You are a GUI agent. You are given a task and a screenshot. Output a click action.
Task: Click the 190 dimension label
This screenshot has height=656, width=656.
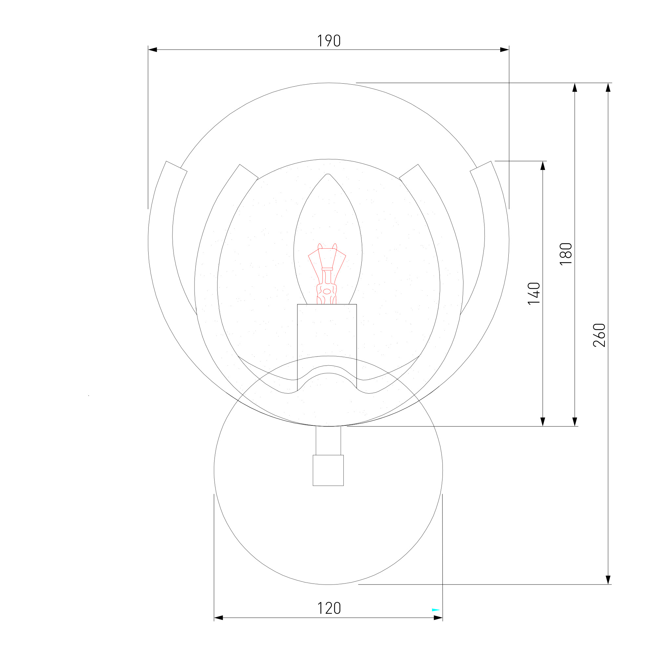coord(329,41)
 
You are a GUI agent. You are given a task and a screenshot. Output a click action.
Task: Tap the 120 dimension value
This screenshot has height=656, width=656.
coord(329,608)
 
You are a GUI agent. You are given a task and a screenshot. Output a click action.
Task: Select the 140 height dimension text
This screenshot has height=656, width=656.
coord(534,294)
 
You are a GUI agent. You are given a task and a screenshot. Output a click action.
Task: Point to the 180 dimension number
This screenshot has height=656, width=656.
coord(566,254)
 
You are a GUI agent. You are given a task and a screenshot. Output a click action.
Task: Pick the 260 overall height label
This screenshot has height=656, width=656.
coord(599,335)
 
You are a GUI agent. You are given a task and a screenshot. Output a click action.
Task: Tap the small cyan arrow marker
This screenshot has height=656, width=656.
coord(436,610)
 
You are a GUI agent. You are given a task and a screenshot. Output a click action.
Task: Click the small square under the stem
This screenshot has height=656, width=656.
coord(328,470)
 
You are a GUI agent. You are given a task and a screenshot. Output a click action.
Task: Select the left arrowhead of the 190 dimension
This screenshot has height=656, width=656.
coord(153,50)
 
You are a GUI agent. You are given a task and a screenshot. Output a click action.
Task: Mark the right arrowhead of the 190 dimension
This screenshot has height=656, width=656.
coord(504,50)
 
